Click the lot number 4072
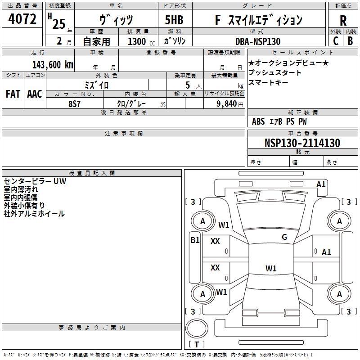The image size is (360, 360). pyautogui.click(x=22, y=19)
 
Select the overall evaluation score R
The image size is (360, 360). pyautogui.click(x=343, y=20)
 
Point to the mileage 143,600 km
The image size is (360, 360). pyautogui.click(x=53, y=65)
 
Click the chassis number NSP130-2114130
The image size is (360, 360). pyautogui.click(x=302, y=143)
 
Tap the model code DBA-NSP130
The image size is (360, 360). pyautogui.click(x=258, y=41)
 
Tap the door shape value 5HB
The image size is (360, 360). pyautogui.click(x=174, y=20)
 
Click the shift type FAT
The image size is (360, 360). pyautogui.click(x=13, y=94)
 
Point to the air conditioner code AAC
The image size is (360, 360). pyautogui.click(x=34, y=94)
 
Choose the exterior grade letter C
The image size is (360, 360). pyautogui.click(x=335, y=41)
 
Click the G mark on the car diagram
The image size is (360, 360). pyautogui.click(x=284, y=237)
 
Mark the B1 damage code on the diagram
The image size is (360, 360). pyautogui.click(x=195, y=240)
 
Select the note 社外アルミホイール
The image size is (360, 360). pyautogui.click(x=34, y=214)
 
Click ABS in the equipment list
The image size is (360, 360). pyautogui.click(x=258, y=121)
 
